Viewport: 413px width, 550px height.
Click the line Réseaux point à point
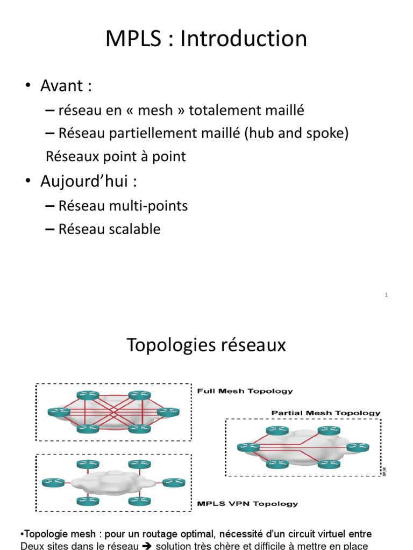pos(116,156)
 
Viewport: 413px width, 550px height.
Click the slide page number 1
pos(387,294)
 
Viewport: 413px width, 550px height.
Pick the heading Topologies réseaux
pos(206,345)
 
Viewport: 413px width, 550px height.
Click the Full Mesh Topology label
pos(245,391)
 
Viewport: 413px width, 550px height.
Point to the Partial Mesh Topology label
pos(326,413)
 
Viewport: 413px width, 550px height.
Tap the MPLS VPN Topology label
pos(247,504)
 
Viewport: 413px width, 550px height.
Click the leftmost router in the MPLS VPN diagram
pos(53,482)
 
